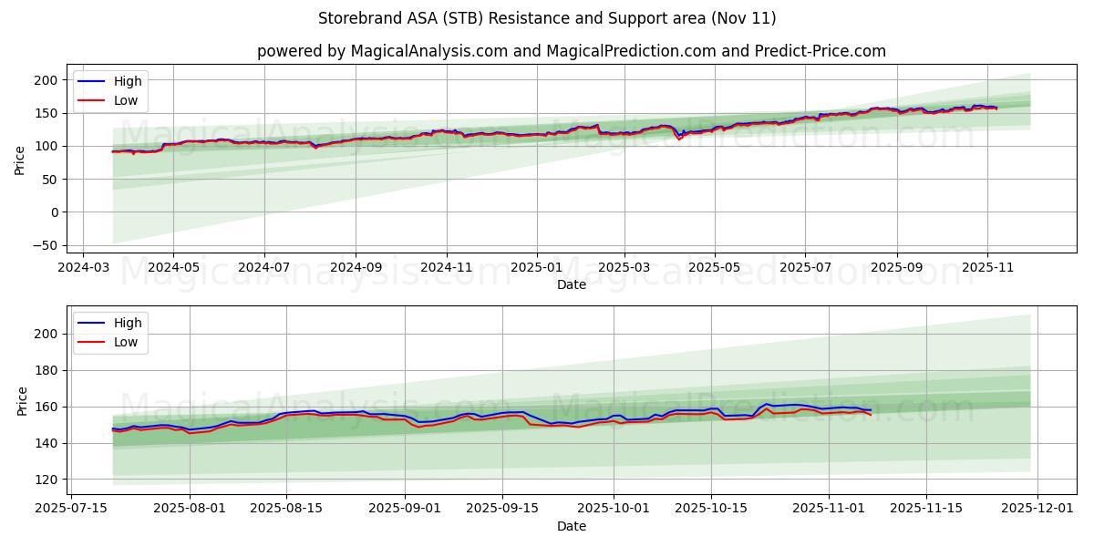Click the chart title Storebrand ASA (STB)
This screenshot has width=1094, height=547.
tap(547, 18)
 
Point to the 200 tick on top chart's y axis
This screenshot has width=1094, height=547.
tap(47, 80)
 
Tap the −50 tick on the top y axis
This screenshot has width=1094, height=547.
tap(44, 245)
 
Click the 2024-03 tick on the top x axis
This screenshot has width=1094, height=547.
tap(84, 267)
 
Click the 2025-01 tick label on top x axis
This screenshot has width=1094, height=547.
tap(536, 267)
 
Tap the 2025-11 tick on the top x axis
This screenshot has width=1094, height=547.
tap(987, 267)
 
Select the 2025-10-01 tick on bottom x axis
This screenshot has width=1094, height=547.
tap(612, 509)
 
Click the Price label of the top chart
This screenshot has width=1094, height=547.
tap(20, 160)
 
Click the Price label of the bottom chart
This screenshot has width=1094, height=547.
tap(20, 401)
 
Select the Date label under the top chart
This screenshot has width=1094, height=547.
tap(571, 284)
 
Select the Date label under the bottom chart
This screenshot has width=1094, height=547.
tap(571, 526)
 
